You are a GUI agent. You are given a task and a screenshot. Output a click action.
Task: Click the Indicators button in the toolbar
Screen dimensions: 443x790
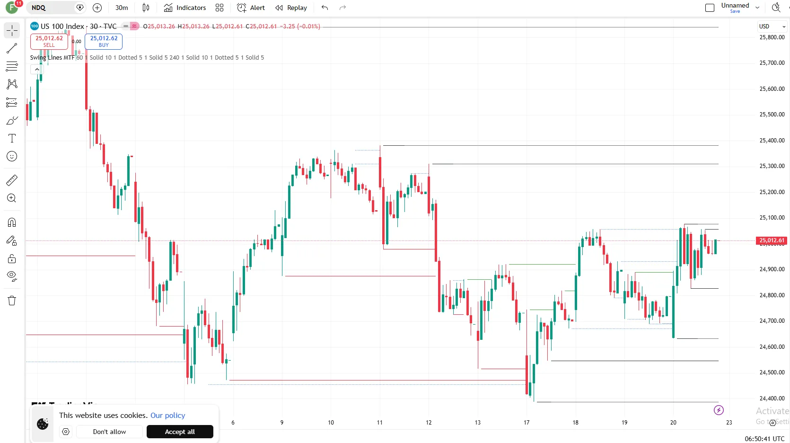[x=185, y=8]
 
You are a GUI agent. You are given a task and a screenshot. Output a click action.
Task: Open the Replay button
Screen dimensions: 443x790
[x=291, y=8]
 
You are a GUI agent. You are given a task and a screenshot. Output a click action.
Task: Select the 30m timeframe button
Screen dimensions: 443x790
[x=122, y=8]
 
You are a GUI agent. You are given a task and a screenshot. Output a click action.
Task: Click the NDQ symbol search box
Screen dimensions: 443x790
[x=52, y=8]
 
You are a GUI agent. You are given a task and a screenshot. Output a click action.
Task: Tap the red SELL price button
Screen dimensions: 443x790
[x=49, y=41]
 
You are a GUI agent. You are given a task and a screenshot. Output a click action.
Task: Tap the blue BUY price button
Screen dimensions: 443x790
[x=104, y=41]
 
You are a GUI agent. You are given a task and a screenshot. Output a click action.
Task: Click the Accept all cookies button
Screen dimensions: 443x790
[x=180, y=432]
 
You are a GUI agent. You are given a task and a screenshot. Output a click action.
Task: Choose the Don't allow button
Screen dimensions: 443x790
[x=109, y=432]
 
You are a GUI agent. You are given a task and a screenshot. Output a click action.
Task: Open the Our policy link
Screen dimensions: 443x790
[x=168, y=415]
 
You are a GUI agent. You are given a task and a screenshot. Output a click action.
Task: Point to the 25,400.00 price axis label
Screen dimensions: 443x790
[x=772, y=141]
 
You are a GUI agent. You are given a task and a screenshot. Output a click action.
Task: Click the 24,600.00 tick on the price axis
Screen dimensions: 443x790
[x=772, y=347]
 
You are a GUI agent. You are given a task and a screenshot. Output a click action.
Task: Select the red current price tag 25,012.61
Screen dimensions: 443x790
[x=772, y=240]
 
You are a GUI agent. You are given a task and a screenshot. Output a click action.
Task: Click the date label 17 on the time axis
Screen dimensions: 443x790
[x=527, y=422]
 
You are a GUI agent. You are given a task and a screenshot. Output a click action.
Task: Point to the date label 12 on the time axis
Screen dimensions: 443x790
[x=429, y=422]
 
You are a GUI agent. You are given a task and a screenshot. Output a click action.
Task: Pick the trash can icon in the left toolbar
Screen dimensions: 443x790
[x=12, y=301]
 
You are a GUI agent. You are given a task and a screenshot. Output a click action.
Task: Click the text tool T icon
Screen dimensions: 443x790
[x=12, y=138]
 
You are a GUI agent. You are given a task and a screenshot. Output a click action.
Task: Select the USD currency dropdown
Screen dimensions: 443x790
[x=772, y=27]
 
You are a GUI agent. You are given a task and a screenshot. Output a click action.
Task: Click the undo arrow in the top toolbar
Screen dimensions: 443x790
[x=325, y=8]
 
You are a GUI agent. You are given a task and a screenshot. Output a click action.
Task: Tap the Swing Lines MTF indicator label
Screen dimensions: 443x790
[x=52, y=58]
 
